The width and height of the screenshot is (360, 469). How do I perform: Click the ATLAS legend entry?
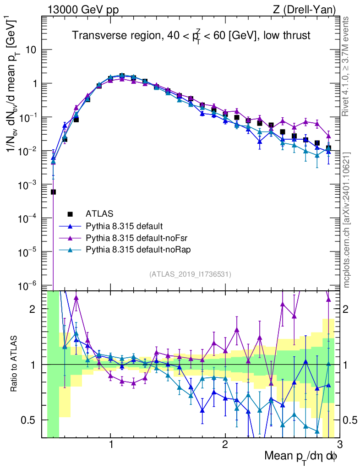98,213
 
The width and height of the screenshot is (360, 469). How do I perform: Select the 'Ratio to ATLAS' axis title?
15,365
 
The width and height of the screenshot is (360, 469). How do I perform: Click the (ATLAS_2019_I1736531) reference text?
190,274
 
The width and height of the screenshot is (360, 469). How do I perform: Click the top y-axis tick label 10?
31,50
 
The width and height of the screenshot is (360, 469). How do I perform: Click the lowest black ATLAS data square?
53,192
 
